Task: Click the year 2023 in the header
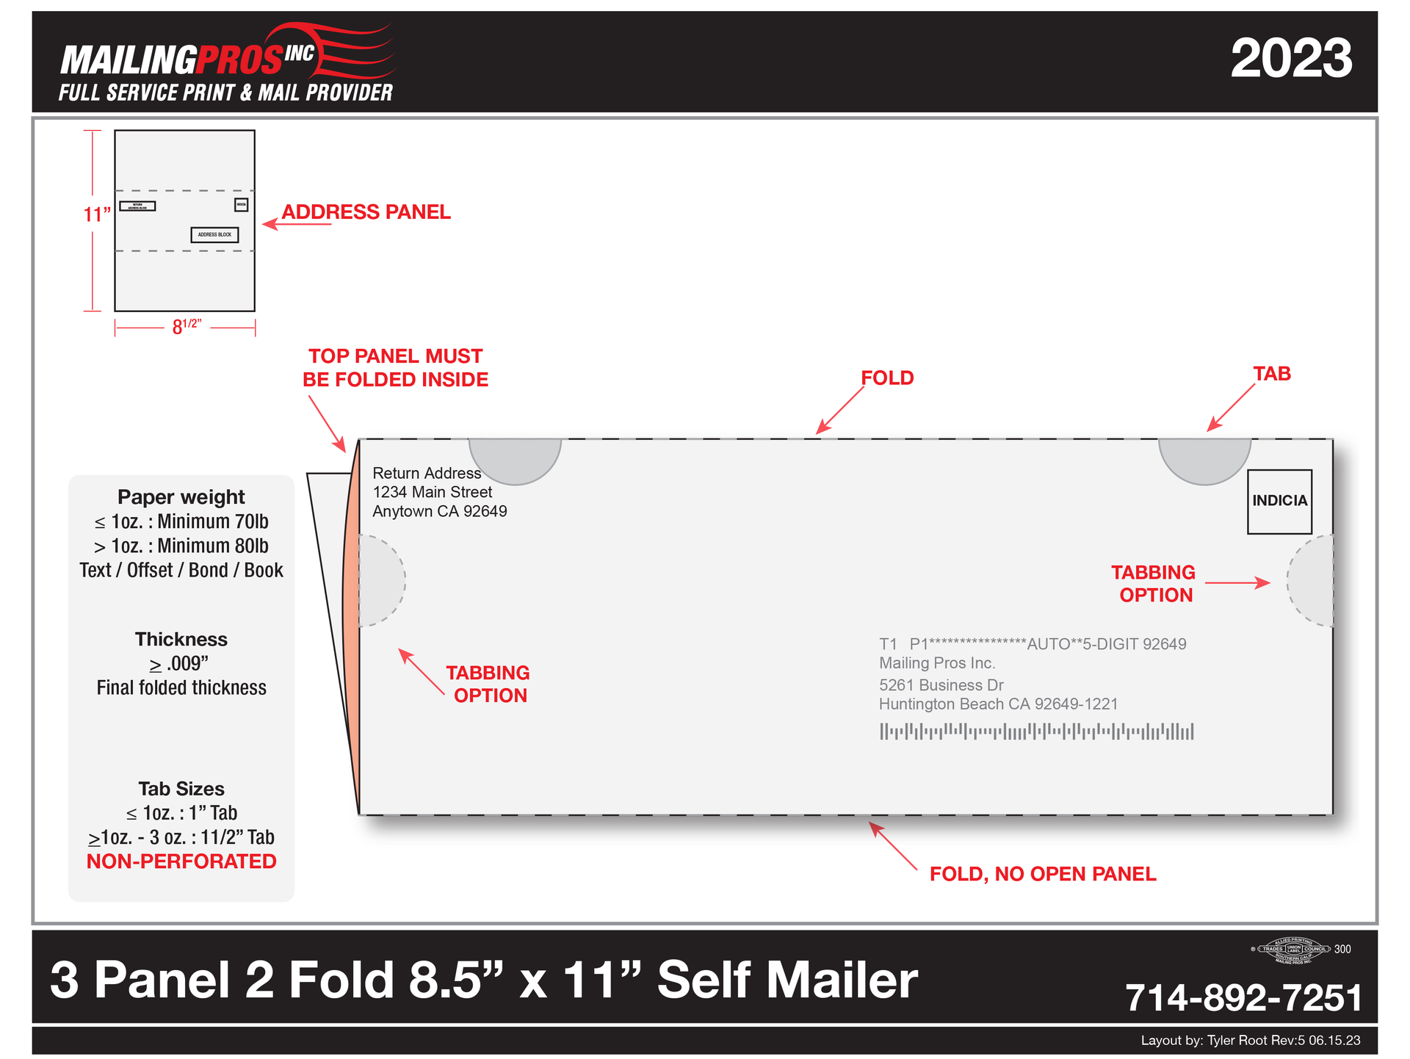1291,59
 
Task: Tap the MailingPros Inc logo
226,63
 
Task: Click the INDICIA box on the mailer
1279,501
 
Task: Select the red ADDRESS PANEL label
366,212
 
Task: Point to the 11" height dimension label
96,214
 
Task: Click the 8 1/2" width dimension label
186,326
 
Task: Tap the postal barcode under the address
1036,731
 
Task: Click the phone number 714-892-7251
1243,998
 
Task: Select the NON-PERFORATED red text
181,861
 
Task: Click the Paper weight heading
181,497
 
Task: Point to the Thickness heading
181,639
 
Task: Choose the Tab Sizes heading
181,789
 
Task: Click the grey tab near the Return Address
515,458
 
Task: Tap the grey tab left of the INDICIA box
1204,458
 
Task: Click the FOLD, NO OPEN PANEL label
1043,874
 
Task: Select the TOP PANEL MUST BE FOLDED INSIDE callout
395,368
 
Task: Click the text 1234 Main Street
433,492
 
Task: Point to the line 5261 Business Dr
941,685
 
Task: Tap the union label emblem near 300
1293,950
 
